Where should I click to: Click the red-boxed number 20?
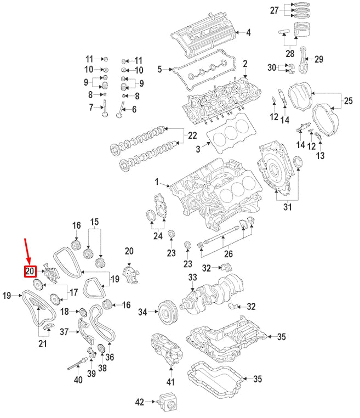(x=30, y=271)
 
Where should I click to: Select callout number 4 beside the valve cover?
(x=248, y=32)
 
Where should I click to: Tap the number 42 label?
(x=139, y=403)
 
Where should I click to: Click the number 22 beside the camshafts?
(x=192, y=135)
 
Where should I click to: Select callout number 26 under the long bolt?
(x=228, y=253)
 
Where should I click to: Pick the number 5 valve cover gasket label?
(x=160, y=70)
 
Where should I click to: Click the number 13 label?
(x=320, y=156)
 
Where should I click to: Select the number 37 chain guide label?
(x=64, y=331)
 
